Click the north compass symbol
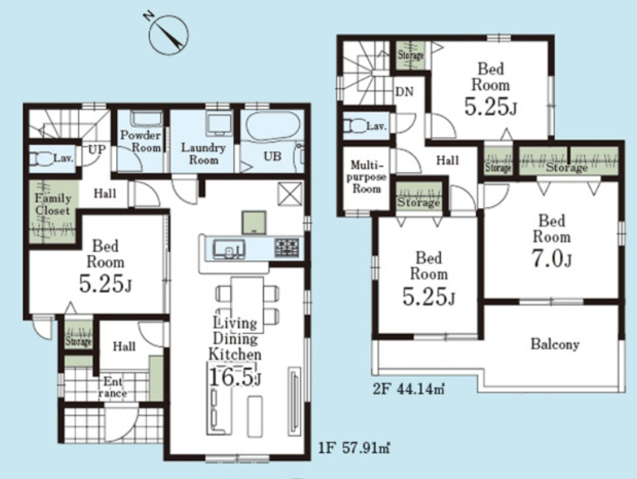(167, 34)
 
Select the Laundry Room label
(203, 154)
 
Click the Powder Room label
(141, 141)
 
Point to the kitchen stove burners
(287, 247)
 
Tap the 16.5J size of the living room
(235, 377)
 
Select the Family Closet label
(53, 204)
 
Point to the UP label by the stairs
(97, 150)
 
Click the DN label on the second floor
(404, 92)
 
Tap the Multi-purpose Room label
(366, 177)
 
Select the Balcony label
(555, 344)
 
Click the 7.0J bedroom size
(551, 258)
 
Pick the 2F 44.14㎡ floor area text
(409, 389)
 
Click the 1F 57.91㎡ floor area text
(354, 448)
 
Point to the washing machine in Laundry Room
(219, 124)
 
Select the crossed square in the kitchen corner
(290, 194)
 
